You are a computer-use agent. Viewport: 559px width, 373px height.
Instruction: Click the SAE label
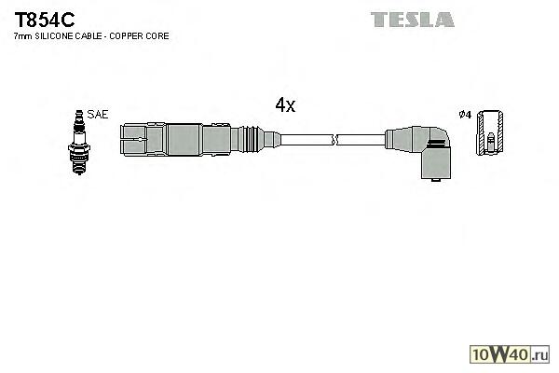click(x=99, y=115)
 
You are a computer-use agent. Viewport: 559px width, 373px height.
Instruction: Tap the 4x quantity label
click(x=285, y=106)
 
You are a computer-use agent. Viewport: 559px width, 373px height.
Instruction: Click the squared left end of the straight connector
click(x=134, y=140)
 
